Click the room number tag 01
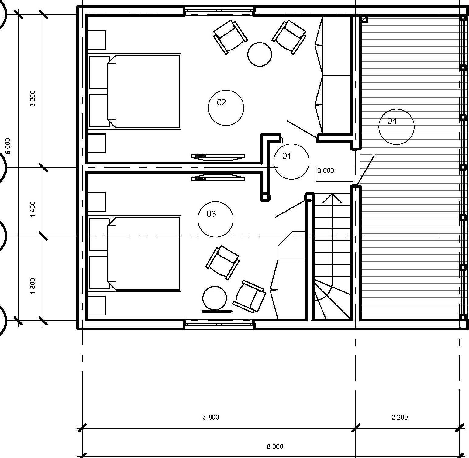pyautogui.click(x=291, y=161)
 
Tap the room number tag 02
pyautogui.click(x=226, y=108)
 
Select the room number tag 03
pyautogui.click(x=216, y=219)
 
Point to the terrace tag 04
pyautogui.click(x=396, y=127)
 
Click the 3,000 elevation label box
pyautogui.click(x=334, y=174)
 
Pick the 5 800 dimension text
pyautogui.click(x=211, y=417)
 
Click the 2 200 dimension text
pyautogui.click(x=400, y=417)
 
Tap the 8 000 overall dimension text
pyautogui.click(x=275, y=446)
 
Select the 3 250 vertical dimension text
pyautogui.click(x=33, y=98)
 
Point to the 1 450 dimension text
pyautogui.click(x=33, y=209)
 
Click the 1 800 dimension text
pyautogui.click(x=33, y=286)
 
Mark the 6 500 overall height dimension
pyautogui.click(x=8, y=146)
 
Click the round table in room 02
pyautogui.click(x=260, y=54)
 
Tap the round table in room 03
pyautogui.click(x=215, y=298)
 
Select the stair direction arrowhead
pyautogui.click(x=332, y=198)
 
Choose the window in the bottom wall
pyautogui.click(x=219, y=324)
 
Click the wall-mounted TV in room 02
pyautogui.click(x=218, y=157)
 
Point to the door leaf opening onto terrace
pyautogui.click(x=366, y=170)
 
